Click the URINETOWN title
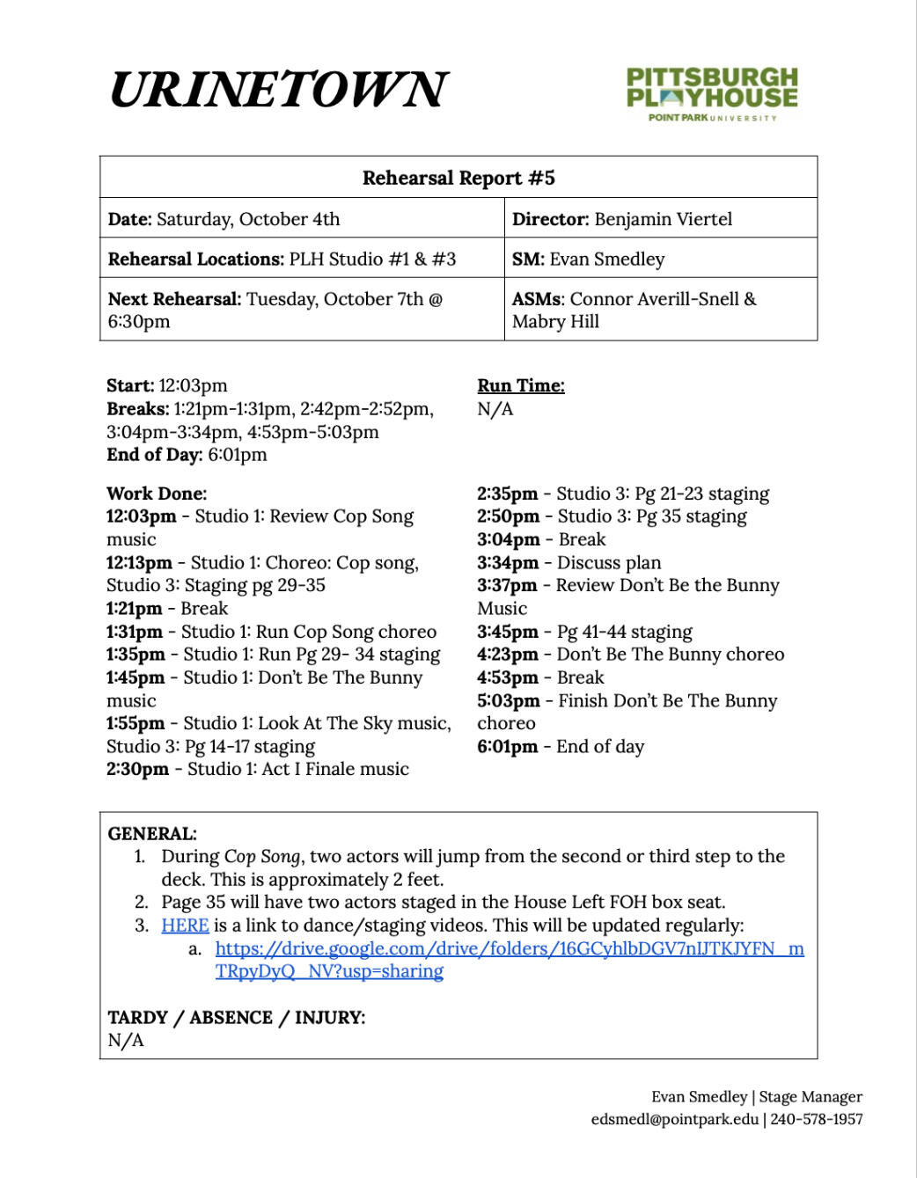pos(279,89)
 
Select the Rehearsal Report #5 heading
pos(458,178)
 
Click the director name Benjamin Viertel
pos(663,219)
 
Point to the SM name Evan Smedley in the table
pos(607,259)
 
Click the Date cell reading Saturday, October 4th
pos(224,219)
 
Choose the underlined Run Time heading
pos(521,385)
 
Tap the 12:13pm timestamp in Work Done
pos(139,562)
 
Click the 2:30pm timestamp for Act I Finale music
pos(137,769)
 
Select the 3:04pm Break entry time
pos(508,539)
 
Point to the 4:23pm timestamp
pos(508,655)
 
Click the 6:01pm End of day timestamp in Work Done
pos(507,747)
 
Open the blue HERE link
pos(185,926)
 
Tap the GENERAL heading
pos(152,833)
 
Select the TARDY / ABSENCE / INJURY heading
pos(236,1018)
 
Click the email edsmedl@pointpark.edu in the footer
pos(674,1119)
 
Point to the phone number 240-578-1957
pos(817,1119)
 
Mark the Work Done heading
pos(157,494)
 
